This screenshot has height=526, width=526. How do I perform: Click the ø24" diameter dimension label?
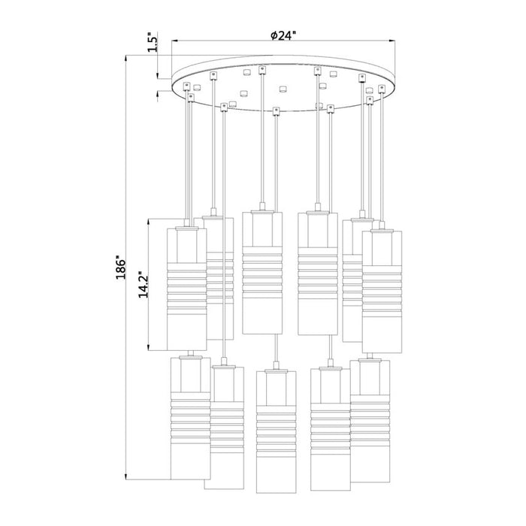[x=284, y=35]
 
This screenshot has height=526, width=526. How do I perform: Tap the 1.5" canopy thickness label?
[x=153, y=41]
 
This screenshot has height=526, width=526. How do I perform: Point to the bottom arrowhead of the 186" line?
[x=126, y=476]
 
